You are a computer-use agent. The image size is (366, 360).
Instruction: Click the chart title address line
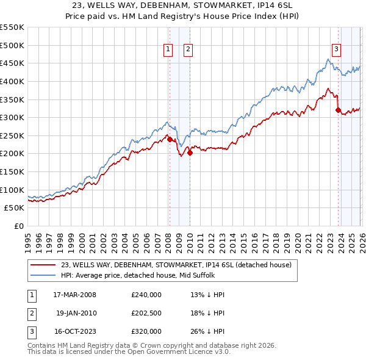pyautogui.click(x=182, y=5)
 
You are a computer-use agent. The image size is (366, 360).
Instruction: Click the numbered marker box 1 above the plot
pyautogui.click(x=168, y=50)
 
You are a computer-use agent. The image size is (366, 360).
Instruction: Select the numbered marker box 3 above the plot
pyautogui.click(x=336, y=50)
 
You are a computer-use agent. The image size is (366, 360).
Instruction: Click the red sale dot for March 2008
pyautogui.click(x=170, y=139)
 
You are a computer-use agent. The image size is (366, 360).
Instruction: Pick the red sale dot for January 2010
pyautogui.click(x=190, y=153)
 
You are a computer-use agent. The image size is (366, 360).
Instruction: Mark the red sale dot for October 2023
pyautogui.click(x=338, y=110)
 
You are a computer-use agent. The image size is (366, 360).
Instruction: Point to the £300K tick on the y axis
pyautogui.click(x=12, y=117)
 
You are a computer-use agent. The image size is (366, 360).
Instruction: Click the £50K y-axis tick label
pyautogui.click(x=15, y=207)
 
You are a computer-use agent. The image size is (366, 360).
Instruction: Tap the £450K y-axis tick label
pyautogui.click(x=12, y=63)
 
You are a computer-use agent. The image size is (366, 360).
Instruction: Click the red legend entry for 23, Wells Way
pyautogui.click(x=176, y=265)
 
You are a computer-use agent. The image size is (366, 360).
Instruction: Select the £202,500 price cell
pyautogui.click(x=146, y=312)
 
